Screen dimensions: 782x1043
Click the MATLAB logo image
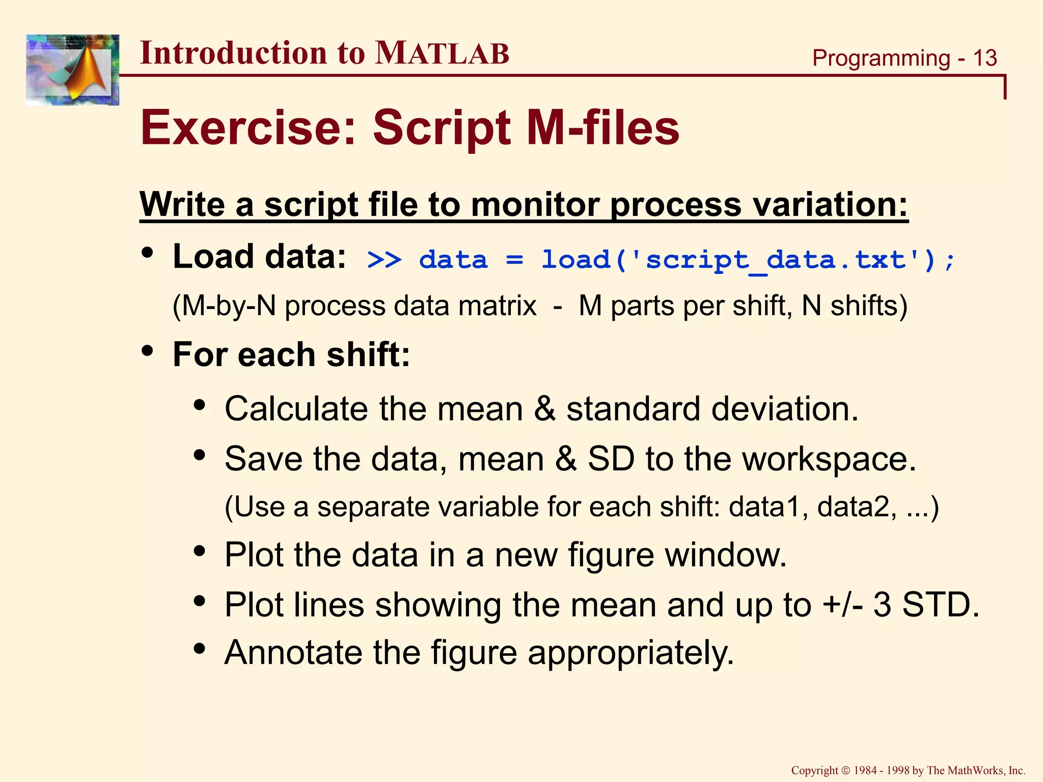point(72,70)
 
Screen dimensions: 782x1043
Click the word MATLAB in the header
point(442,53)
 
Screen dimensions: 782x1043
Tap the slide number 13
point(984,58)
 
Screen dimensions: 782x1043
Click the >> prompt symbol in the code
point(385,260)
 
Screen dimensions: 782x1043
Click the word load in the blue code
point(575,260)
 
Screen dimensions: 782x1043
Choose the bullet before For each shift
point(148,351)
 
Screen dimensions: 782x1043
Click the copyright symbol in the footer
point(846,771)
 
